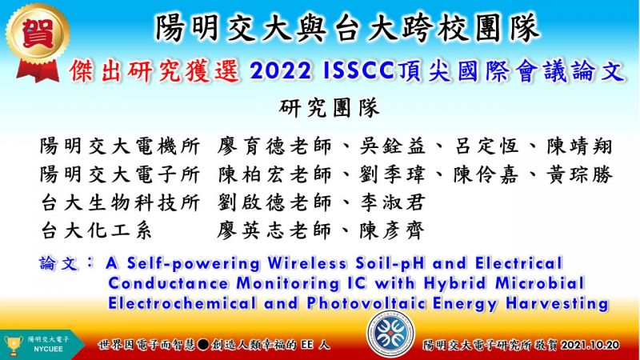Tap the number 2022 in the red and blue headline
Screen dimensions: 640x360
tap(281, 71)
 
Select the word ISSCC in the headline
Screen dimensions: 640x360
tap(358, 71)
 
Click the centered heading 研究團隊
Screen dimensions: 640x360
tap(330, 108)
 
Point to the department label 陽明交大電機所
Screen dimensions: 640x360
tap(120, 146)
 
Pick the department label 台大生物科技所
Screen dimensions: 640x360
tap(120, 202)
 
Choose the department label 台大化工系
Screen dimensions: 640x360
tap(96, 230)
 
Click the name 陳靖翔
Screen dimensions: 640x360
tap(579, 146)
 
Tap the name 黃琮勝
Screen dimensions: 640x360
tap(579, 174)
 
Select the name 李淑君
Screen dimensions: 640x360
tap(392, 202)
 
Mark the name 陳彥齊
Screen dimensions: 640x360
tap(392, 230)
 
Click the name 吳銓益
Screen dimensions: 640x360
tap(392, 146)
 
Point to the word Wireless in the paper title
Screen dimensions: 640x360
tap(307, 263)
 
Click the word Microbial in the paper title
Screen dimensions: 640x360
tap(540, 283)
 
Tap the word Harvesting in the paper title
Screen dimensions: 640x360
tap(557, 304)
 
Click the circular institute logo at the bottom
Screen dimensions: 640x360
tap(390, 334)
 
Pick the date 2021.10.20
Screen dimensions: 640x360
tap(590, 345)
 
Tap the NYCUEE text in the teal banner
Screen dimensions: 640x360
tap(48, 350)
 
